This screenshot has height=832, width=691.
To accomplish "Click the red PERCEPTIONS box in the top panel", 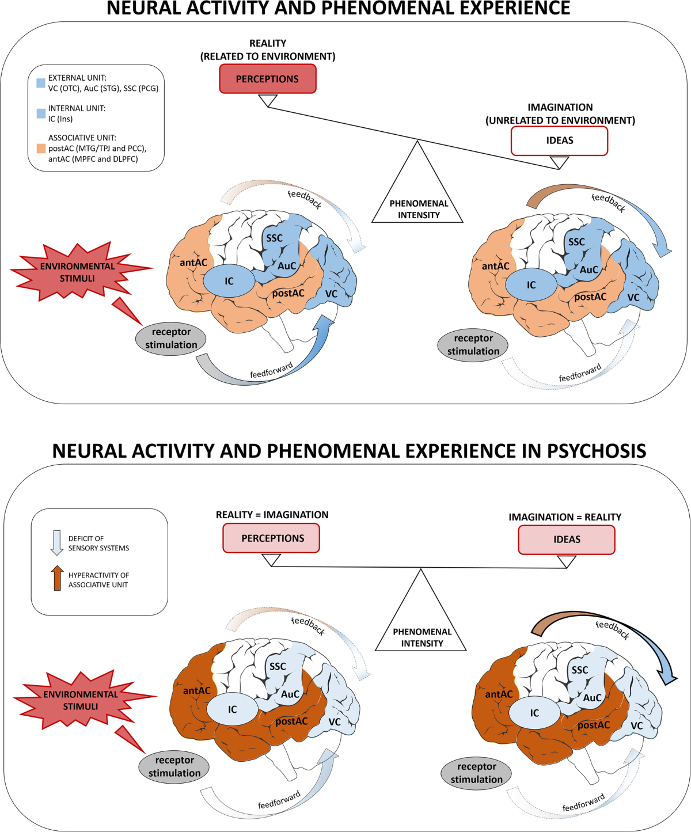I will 268,79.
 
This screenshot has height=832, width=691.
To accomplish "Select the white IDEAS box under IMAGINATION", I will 559,140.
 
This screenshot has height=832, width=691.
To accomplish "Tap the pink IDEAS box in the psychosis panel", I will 567,540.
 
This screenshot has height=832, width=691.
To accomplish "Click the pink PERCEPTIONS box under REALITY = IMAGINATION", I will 271,538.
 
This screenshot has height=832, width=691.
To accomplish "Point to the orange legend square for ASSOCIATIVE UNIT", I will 41,149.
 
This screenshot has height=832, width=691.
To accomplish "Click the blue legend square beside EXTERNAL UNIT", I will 41,83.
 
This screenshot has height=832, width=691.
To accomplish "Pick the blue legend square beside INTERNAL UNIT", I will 41,113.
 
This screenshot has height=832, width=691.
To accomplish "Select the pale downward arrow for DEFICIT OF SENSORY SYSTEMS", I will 57,542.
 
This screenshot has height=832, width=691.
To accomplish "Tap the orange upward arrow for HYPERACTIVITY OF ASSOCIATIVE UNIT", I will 57,578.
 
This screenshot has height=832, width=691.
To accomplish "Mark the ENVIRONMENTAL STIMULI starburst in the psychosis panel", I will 81,700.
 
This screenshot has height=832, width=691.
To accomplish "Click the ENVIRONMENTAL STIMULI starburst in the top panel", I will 78,272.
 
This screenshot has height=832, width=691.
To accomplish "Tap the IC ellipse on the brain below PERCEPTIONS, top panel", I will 229,281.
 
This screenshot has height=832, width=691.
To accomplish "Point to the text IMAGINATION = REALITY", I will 564,517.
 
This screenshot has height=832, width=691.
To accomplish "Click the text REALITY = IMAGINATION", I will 272,515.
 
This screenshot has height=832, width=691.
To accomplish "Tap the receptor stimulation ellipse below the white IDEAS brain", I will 473,345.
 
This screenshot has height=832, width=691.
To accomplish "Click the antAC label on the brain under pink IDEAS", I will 499,694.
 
